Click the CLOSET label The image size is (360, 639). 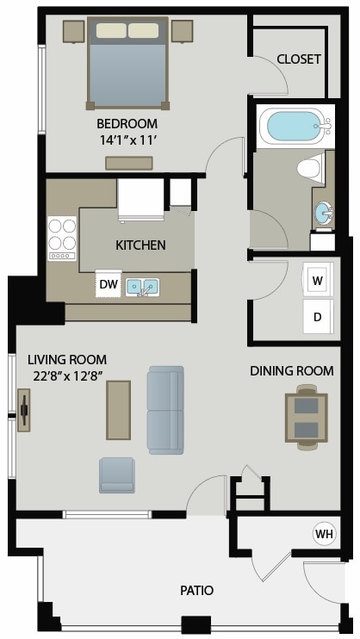point(299,59)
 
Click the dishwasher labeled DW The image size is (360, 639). point(109,284)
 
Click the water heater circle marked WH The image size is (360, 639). point(324,534)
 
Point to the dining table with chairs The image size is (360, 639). point(307,417)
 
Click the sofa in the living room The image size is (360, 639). point(165,409)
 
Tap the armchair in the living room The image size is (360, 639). point(117,475)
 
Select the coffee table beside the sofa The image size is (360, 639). point(118,410)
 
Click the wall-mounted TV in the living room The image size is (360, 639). point(24,410)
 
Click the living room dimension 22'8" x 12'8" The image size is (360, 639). point(66,375)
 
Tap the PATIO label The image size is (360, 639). point(196,590)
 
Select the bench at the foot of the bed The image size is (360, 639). point(129,163)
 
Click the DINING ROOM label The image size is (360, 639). point(291,371)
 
